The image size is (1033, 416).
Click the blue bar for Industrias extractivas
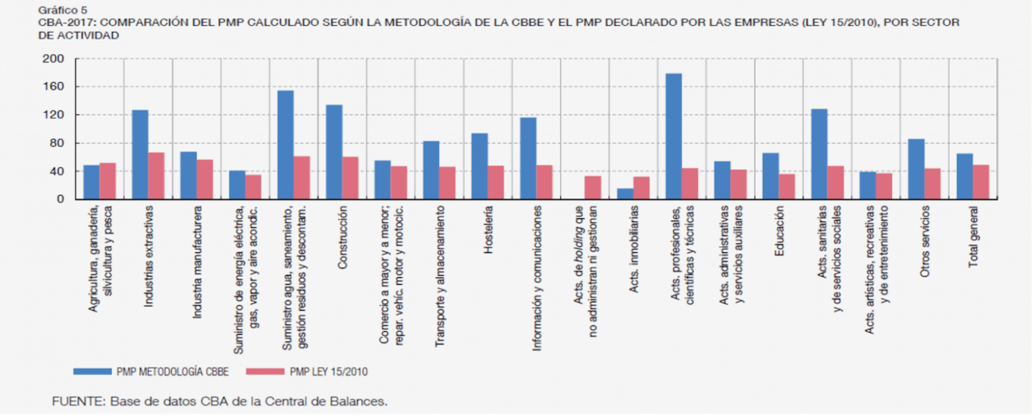tap(140, 155)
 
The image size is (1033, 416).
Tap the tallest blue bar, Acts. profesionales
tap(674, 136)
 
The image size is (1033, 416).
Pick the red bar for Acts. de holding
tap(593, 188)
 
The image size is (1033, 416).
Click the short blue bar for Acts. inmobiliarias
tap(625, 194)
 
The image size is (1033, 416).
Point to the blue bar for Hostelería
tap(480, 166)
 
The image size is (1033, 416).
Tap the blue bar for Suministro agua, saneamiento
tap(286, 145)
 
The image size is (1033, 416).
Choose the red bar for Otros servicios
tap(932, 184)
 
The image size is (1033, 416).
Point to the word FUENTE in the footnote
tap(78, 401)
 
